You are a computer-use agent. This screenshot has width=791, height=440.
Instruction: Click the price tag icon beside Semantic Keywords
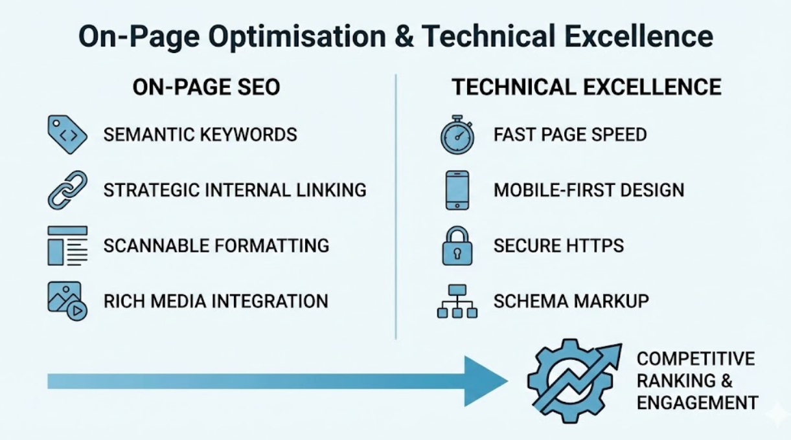click(x=67, y=135)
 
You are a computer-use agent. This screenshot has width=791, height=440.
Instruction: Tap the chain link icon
click(x=67, y=190)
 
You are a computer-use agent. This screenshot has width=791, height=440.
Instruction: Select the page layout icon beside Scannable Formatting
click(x=67, y=246)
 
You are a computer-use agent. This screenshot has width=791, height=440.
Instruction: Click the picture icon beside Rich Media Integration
click(x=67, y=302)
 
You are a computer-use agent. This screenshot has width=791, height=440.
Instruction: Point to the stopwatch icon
click(x=457, y=135)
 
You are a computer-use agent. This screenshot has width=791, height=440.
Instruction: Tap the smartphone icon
click(x=457, y=190)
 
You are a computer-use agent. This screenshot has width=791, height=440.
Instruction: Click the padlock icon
click(x=457, y=246)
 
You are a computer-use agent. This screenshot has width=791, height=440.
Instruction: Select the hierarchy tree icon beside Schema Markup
click(x=457, y=302)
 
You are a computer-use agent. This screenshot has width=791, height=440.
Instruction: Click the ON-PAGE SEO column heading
click(x=206, y=87)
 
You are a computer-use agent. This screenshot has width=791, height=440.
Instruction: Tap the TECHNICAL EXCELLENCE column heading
click(x=586, y=87)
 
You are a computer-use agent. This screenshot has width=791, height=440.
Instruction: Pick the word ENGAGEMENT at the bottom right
click(x=697, y=402)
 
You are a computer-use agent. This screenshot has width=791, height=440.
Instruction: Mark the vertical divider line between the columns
click(x=396, y=207)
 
